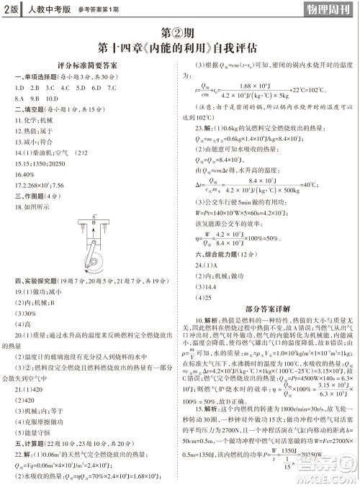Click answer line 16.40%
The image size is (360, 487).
coord(24,173)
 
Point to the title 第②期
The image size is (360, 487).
coord(179,34)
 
